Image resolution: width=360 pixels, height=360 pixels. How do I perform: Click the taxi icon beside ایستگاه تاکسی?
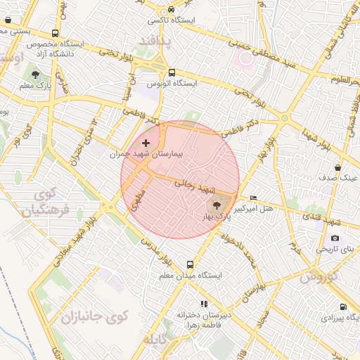172,10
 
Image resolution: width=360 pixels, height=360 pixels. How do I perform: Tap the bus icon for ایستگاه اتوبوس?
172,72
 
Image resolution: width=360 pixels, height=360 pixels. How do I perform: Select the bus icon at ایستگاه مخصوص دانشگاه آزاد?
56,33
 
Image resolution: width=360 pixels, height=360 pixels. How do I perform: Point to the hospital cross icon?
146,143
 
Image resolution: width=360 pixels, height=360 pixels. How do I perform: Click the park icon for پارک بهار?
215,205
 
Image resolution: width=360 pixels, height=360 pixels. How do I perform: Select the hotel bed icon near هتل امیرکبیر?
253,198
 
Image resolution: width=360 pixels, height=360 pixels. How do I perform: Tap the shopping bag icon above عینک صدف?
338,168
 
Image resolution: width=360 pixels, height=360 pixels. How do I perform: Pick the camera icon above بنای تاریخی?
335,238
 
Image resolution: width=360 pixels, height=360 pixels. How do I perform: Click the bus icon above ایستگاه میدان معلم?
190,265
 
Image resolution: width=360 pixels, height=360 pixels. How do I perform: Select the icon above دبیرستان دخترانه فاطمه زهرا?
203,304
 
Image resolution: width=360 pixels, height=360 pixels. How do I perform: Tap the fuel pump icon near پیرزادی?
342,307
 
